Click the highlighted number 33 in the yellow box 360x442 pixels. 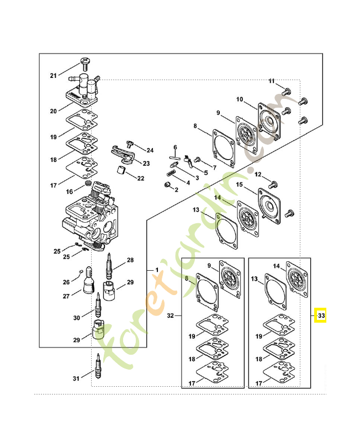[x=321, y=316]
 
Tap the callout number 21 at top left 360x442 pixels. [x=54, y=76]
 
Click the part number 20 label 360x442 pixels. [x=54, y=111]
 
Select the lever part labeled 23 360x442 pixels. [x=123, y=153]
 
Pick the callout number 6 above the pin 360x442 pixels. [x=175, y=148]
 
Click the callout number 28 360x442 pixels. [x=131, y=260]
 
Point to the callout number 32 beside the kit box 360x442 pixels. [x=171, y=316]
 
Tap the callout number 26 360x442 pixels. [x=66, y=282]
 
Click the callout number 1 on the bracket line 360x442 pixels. [x=156, y=270]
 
